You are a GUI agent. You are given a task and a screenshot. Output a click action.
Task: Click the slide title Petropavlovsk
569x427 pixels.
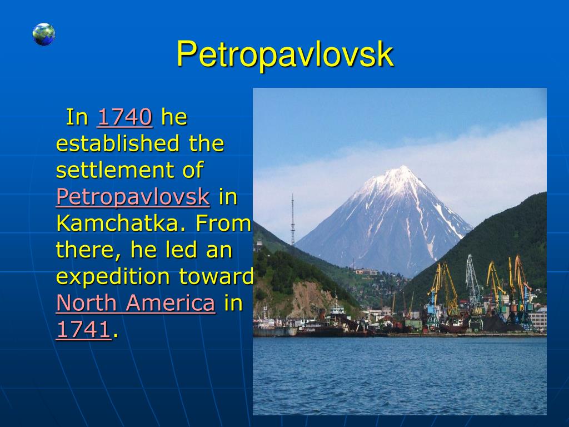point(285,54)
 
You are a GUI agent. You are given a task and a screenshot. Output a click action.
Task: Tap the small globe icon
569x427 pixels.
point(43,34)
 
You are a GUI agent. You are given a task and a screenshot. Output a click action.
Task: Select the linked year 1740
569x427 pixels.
point(125,117)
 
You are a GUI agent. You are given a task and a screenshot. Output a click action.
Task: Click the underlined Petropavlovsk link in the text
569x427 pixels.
point(133,197)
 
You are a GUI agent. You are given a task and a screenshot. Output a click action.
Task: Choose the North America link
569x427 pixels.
point(136,303)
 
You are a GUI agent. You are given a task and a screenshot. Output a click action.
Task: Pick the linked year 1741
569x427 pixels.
point(83,330)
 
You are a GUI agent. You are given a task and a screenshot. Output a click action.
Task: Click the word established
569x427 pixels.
point(118,143)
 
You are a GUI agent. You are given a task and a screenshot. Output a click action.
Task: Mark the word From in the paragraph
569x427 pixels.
point(223,224)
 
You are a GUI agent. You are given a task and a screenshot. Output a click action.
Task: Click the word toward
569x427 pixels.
point(216,276)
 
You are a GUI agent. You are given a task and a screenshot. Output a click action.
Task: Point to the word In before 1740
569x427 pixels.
point(77,117)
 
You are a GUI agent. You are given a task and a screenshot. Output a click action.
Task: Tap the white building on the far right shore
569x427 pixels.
point(538,319)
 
